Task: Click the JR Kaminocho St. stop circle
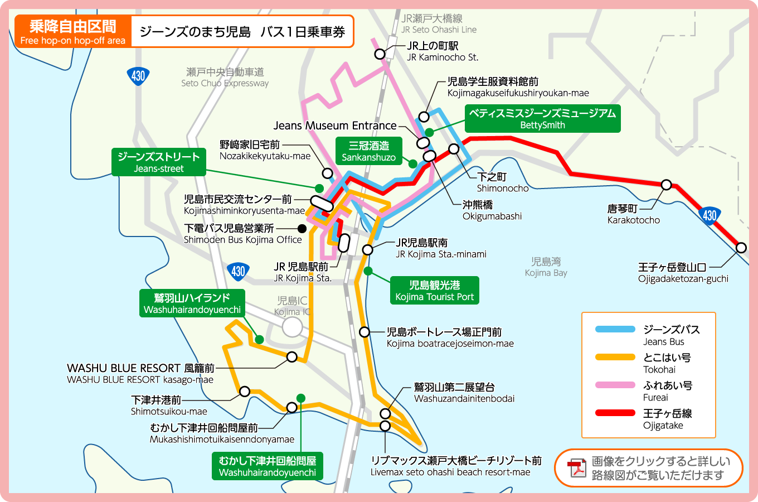[x=380, y=54]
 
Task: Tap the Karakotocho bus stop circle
[x=666, y=185]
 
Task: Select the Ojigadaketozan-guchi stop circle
[x=741, y=248]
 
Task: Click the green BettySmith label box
[x=542, y=119]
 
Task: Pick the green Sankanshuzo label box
[x=368, y=151]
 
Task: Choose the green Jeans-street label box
[x=158, y=162]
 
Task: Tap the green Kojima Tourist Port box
[x=434, y=291]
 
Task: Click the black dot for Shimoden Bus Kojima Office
[x=302, y=229]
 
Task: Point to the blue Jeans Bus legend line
[x=615, y=329]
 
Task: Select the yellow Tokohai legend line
[x=615, y=357]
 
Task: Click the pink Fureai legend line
[x=615, y=385]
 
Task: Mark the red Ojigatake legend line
[x=615, y=413]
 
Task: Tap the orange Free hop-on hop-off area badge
[x=73, y=32]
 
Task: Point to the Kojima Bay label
[x=546, y=267]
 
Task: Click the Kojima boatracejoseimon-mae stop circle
[x=365, y=332]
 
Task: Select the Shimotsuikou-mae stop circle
[x=245, y=392]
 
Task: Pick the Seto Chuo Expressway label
[x=225, y=78]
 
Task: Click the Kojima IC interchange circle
[x=292, y=327]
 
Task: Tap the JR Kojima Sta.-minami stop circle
[x=367, y=249]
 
